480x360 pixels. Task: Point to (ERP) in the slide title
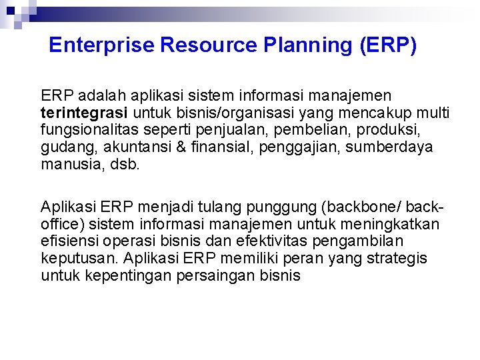point(388,45)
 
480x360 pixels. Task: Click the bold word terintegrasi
point(80,112)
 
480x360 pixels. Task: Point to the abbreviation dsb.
point(126,164)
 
